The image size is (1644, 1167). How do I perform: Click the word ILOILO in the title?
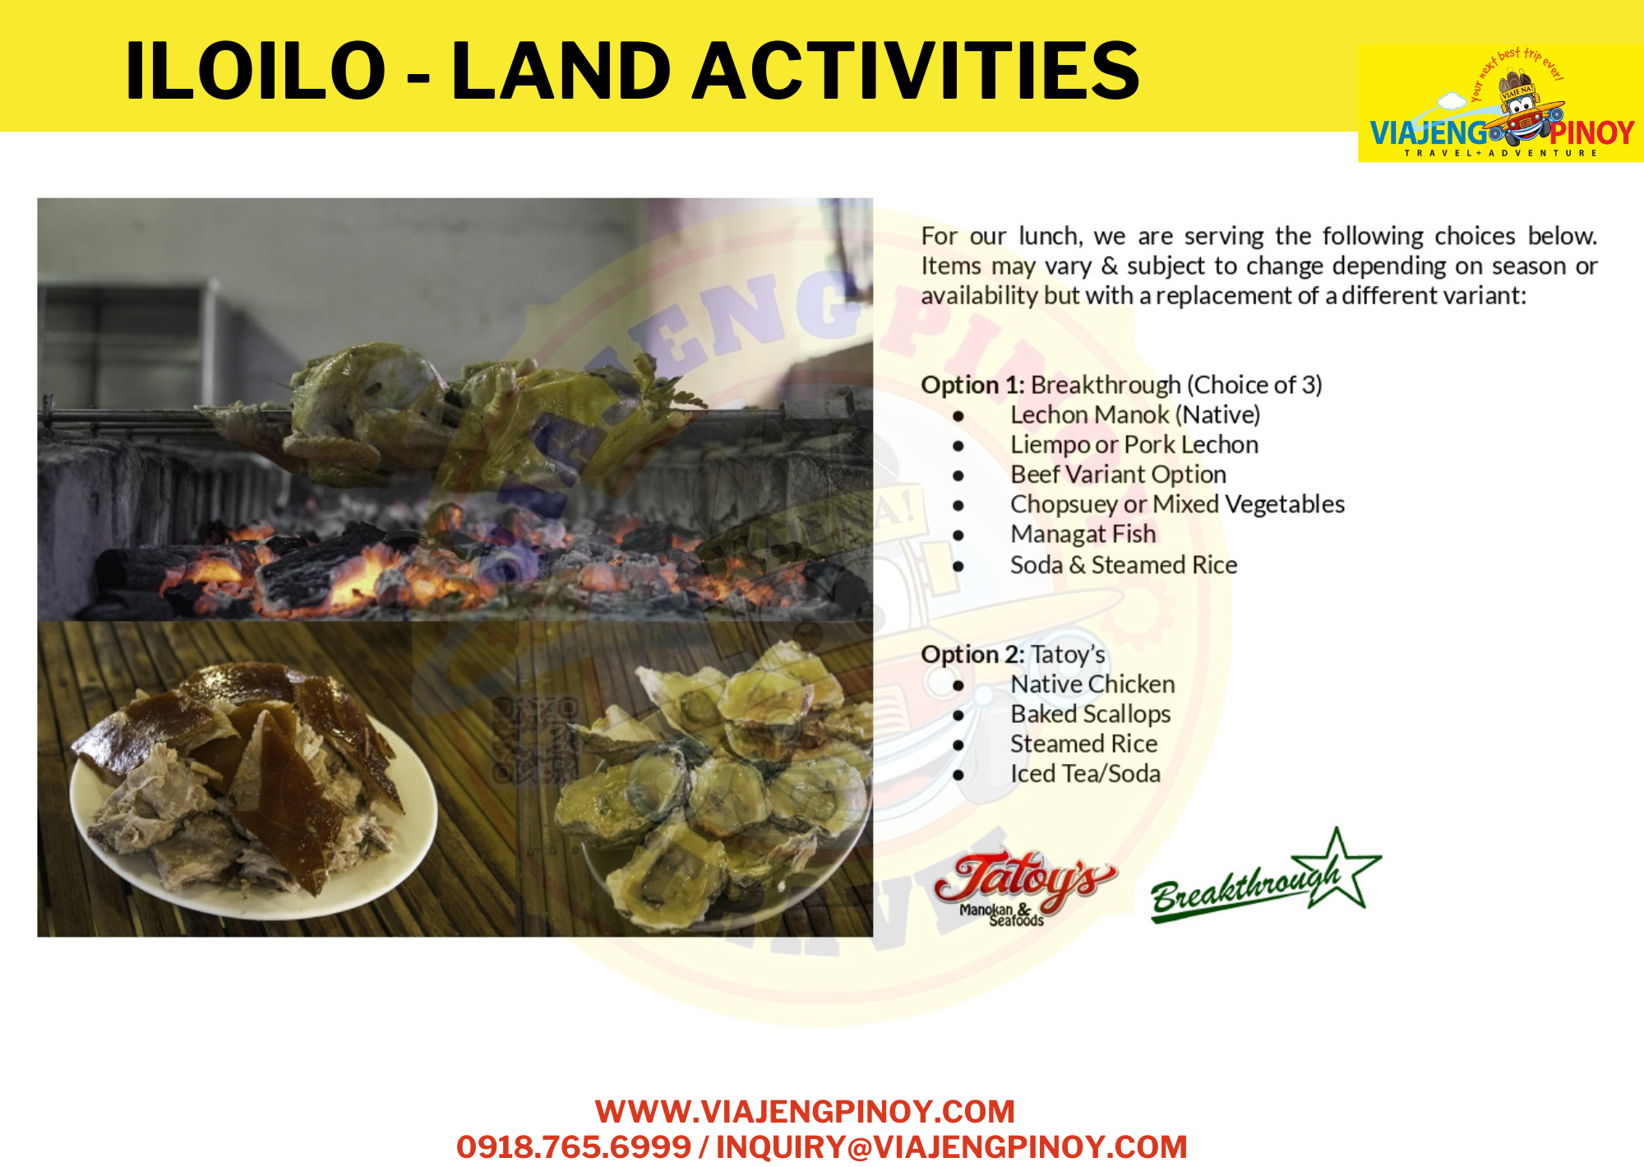256,71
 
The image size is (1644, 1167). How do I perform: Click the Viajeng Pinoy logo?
1501,104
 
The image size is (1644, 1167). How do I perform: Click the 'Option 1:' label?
972,385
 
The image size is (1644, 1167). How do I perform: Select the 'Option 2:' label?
972,655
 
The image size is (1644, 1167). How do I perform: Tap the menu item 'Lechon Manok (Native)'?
1135,414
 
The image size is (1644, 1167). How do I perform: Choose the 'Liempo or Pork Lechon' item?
1134,445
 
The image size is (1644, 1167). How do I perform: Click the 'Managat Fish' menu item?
1083,535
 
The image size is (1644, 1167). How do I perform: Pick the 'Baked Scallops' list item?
1091,714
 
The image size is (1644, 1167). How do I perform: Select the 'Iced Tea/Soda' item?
1086,774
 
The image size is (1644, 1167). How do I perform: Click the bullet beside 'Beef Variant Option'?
958,476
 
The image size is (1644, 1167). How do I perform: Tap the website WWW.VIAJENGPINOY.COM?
805,1112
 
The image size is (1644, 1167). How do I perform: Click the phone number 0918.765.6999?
574,1147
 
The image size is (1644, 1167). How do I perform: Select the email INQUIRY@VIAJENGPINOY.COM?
952,1147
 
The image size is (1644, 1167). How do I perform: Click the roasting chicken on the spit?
460,411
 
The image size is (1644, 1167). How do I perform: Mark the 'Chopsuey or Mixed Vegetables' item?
1178,504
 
